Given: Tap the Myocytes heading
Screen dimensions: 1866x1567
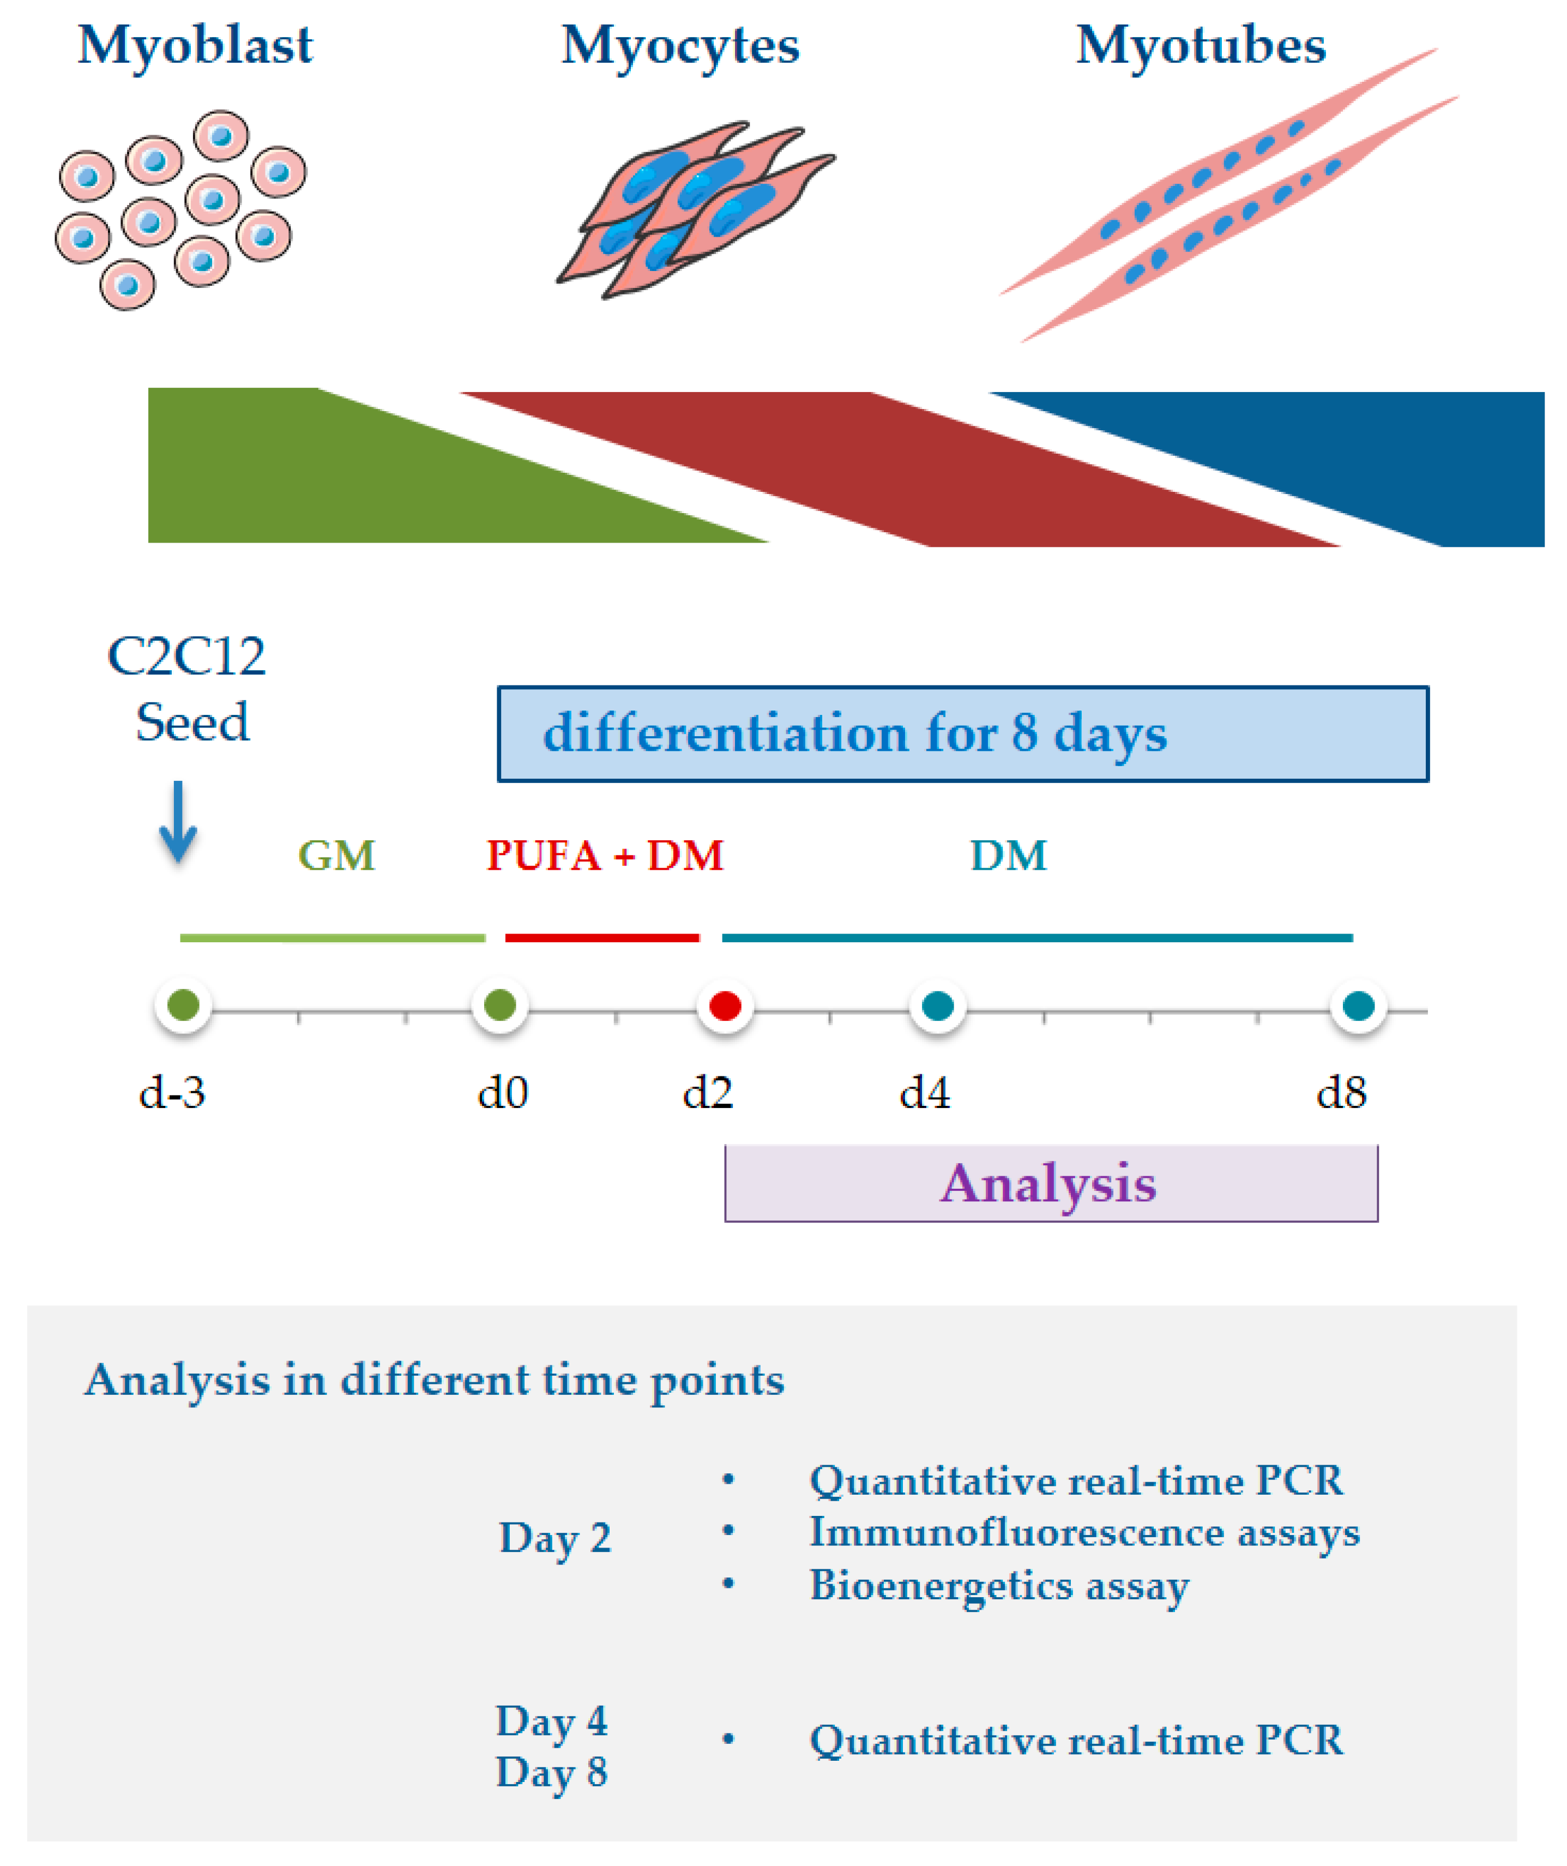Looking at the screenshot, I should [680, 46].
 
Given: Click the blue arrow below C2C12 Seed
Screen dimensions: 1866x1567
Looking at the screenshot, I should [178, 822].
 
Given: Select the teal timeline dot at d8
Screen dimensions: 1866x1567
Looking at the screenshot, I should [1358, 1006].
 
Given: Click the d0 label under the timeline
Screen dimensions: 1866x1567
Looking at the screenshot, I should [503, 1092].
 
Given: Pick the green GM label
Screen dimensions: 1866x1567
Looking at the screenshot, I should [336, 856].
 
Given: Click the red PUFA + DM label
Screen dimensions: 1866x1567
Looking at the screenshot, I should [605, 856].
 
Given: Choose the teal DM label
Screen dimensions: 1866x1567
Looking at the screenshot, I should [1008, 856].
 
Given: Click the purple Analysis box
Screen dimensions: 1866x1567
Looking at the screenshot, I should [1051, 1184].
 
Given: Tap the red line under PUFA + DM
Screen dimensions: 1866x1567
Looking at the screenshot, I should [602, 937].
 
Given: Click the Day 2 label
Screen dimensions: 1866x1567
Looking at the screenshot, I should [555, 1538].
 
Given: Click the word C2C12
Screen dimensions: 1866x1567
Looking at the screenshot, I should [186, 657].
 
